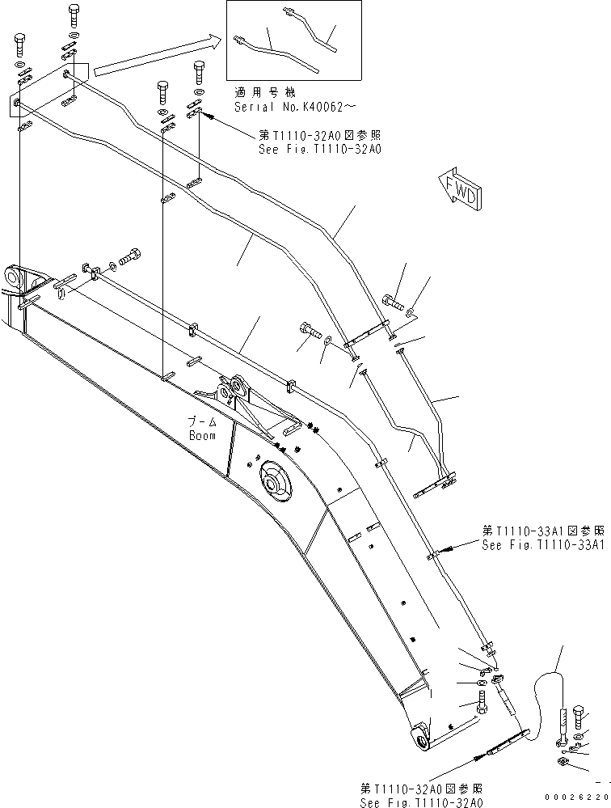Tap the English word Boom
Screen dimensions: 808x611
pyautogui.click(x=202, y=436)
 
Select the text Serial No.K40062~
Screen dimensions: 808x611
pyautogui.click(x=294, y=106)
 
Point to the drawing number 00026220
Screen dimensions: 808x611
pyautogui.click(x=575, y=797)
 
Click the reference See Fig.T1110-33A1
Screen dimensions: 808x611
pyautogui.click(x=542, y=545)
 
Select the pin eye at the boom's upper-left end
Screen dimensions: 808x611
pyautogui.click(x=14, y=277)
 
